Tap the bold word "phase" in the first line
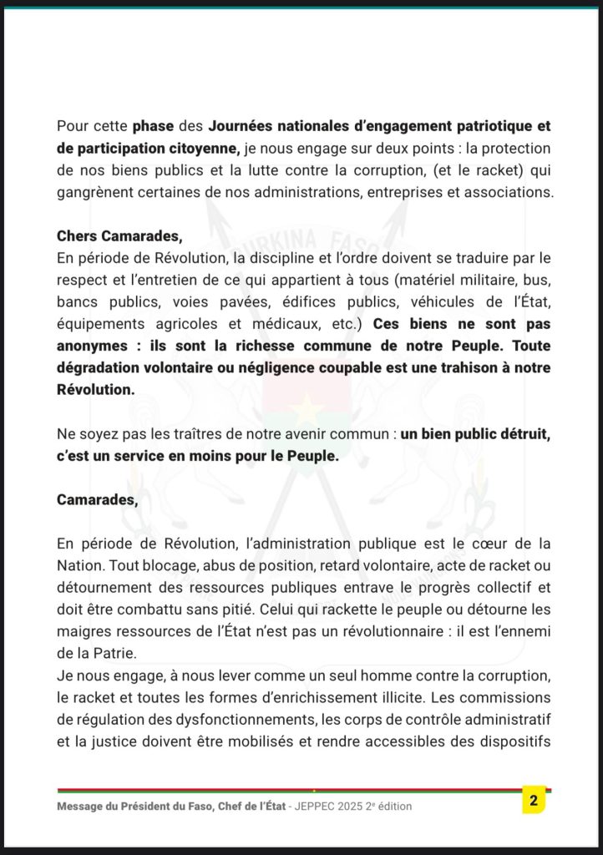coord(155,126)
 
